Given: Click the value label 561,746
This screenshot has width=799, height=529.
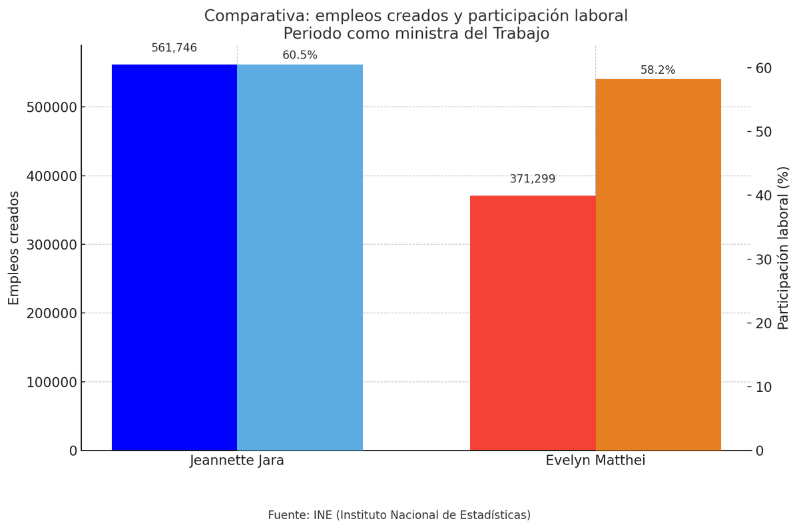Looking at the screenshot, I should pyautogui.click(x=174, y=48).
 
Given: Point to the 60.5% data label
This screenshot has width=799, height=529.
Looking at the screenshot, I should pyautogui.click(x=300, y=55).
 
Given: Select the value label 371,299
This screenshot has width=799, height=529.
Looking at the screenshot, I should pyautogui.click(x=532, y=179).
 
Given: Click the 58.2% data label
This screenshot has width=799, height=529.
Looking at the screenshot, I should pyautogui.click(x=657, y=70).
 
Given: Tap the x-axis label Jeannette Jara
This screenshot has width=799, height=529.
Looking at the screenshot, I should pyautogui.click(x=237, y=460).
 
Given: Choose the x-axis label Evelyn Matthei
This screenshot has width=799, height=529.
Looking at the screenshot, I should pyautogui.click(x=595, y=460).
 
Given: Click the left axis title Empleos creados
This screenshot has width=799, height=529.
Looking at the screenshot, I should pyautogui.click(x=14, y=248).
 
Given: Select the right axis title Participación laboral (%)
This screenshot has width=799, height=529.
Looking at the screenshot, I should pyautogui.click(x=784, y=248).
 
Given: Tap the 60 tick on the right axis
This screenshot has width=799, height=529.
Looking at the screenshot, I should pyautogui.click(x=763, y=69).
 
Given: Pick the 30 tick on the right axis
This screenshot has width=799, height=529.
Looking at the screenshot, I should pyautogui.click(x=763, y=260).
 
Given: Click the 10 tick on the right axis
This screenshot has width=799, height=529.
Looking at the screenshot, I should pyautogui.click(x=763, y=387).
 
